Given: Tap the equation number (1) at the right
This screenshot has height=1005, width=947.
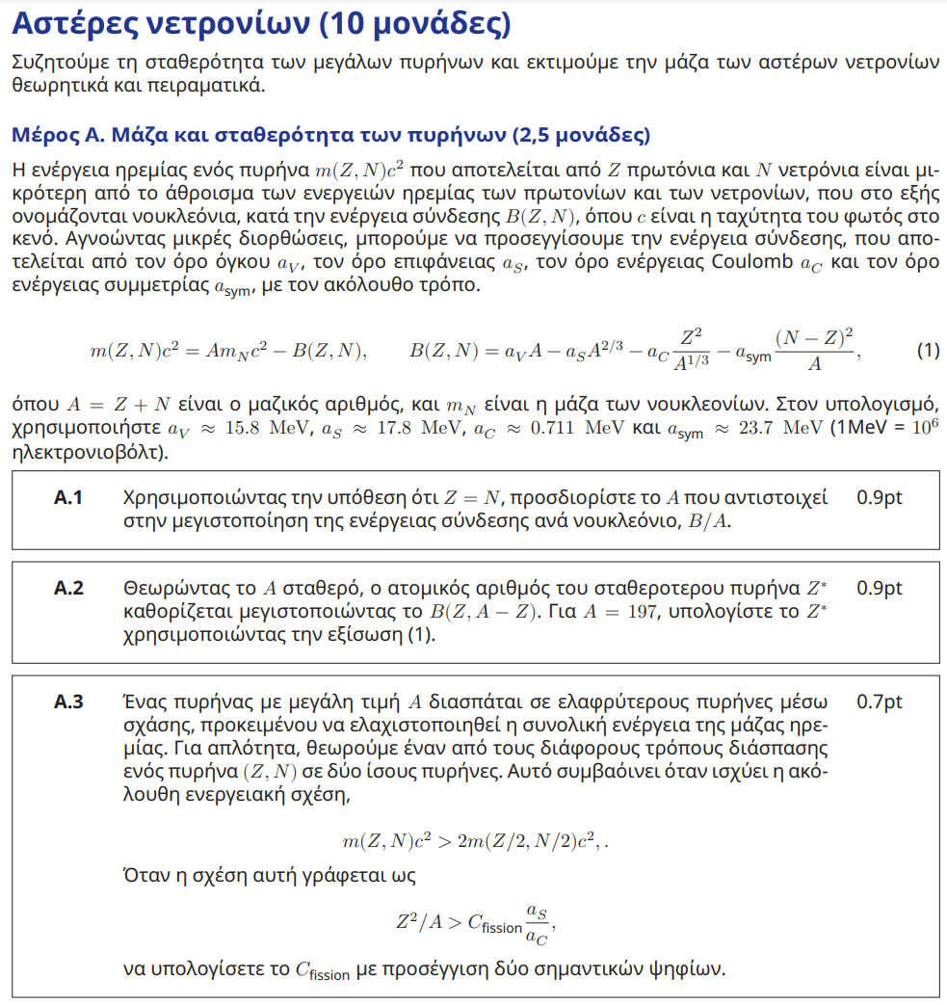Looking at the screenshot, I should pos(927,351).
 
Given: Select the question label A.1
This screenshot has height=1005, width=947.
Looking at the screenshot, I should pos(68,498).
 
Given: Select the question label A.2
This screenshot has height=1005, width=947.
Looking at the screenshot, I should pos(68,588).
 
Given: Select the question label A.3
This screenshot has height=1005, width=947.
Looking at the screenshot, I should pos(68,702).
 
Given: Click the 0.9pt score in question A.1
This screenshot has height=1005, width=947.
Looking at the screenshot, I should pos(879,498).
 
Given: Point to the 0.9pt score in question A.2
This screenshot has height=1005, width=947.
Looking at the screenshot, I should pos(879,588).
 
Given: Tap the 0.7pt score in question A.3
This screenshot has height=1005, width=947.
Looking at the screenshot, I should pos(879,702).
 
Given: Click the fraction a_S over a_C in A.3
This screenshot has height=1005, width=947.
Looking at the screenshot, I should pos(537,921).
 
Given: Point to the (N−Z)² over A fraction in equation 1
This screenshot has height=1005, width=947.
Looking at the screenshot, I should pos(814,351).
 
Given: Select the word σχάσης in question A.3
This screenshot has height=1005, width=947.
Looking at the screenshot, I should pos(156,726).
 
